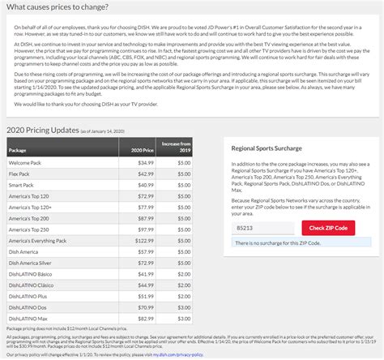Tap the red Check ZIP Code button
[x=328, y=228]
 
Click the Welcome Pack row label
[x=24, y=163]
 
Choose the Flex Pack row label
[x=20, y=174]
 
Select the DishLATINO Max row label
[x=29, y=319]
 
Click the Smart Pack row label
[x=22, y=185]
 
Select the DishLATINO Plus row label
[x=29, y=296]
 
